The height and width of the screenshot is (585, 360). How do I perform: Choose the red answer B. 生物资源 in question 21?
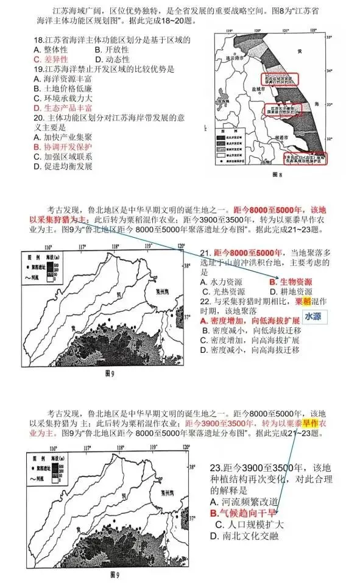pyautogui.click(x=291, y=282)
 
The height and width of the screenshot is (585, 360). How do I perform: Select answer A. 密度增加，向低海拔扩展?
pyautogui.click(x=250, y=321)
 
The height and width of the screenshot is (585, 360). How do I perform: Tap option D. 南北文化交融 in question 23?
pyautogui.click(x=244, y=536)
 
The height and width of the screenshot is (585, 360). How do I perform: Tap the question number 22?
pyautogui.click(x=205, y=301)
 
